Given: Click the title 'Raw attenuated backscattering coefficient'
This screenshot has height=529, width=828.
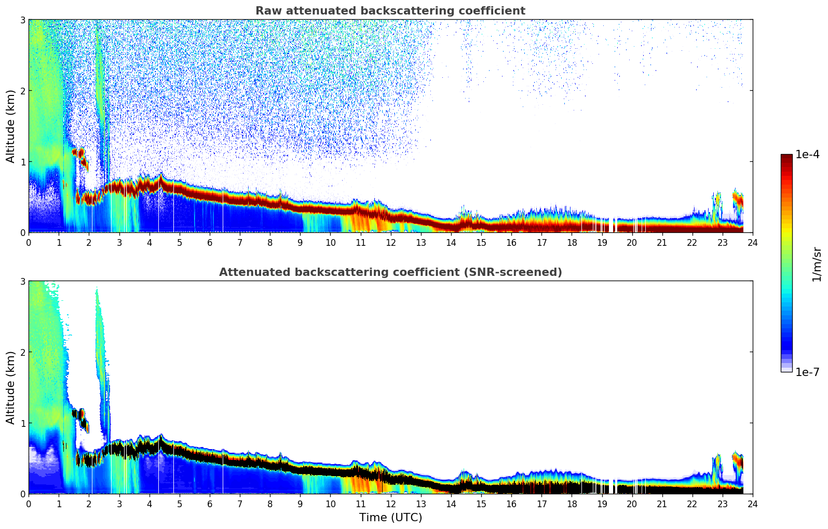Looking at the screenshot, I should [390, 11].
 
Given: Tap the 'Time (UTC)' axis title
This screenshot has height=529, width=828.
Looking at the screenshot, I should [390, 517].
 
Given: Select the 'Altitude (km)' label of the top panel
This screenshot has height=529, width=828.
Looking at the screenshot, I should [10, 126].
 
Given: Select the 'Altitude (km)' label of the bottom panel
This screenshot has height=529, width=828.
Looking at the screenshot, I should [10, 387].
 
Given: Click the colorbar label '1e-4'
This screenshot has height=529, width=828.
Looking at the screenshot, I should [807, 155].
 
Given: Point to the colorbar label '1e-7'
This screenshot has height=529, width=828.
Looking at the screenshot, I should [807, 372].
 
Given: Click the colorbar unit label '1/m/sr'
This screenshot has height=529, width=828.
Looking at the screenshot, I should [817, 264].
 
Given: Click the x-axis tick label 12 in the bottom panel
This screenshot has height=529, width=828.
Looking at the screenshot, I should [390, 504].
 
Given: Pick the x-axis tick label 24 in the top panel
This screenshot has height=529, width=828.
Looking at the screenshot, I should [752, 243].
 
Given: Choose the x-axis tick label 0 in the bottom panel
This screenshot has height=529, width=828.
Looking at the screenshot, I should [29, 504].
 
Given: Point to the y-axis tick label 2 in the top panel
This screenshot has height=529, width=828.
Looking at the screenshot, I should [22, 91].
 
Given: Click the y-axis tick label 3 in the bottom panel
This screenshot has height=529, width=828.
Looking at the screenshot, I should [22, 281].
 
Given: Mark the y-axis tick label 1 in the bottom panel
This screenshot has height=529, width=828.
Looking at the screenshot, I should [22, 423].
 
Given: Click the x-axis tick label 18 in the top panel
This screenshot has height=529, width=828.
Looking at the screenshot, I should [572, 243].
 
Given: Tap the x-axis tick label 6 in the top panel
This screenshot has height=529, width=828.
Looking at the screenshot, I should [210, 243].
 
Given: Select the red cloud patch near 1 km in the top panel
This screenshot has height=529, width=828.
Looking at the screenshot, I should [78, 153].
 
